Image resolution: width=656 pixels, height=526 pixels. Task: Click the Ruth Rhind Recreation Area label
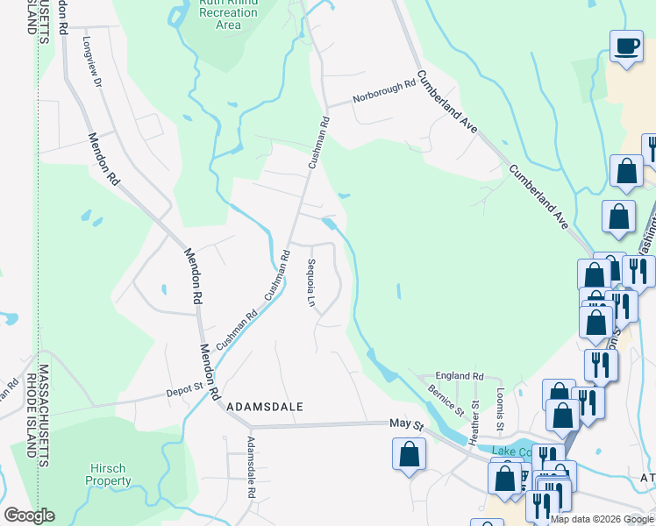click(x=229, y=14)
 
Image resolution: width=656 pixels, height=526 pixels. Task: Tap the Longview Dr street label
click(x=93, y=62)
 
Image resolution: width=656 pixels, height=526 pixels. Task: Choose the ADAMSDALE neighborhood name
click(x=264, y=408)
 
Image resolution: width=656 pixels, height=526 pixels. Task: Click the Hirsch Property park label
click(x=109, y=474)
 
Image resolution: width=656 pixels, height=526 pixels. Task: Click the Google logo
click(x=29, y=515)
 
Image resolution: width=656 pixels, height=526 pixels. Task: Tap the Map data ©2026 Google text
click(x=603, y=519)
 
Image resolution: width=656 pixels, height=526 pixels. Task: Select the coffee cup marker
click(x=626, y=47)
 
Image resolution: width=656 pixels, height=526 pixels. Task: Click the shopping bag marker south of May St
click(x=409, y=454)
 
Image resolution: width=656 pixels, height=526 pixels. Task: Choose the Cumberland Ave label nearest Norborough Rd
click(x=447, y=102)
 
